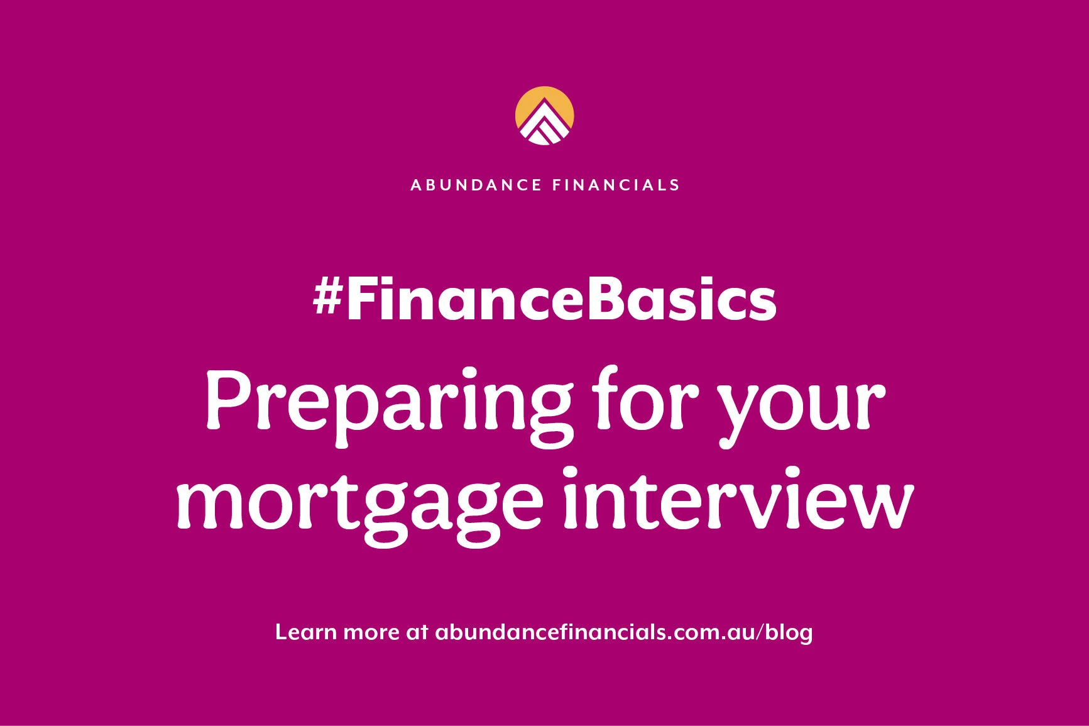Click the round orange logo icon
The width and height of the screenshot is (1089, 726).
tap(544, 116)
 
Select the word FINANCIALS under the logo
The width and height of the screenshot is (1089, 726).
tap(616, 185)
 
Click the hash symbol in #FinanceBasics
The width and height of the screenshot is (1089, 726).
tap(327, 298)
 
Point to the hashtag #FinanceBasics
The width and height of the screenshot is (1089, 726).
tap(544, 300)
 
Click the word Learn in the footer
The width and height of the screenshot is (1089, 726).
tap(305, 632)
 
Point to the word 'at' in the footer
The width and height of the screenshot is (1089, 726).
tap(417, 632)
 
